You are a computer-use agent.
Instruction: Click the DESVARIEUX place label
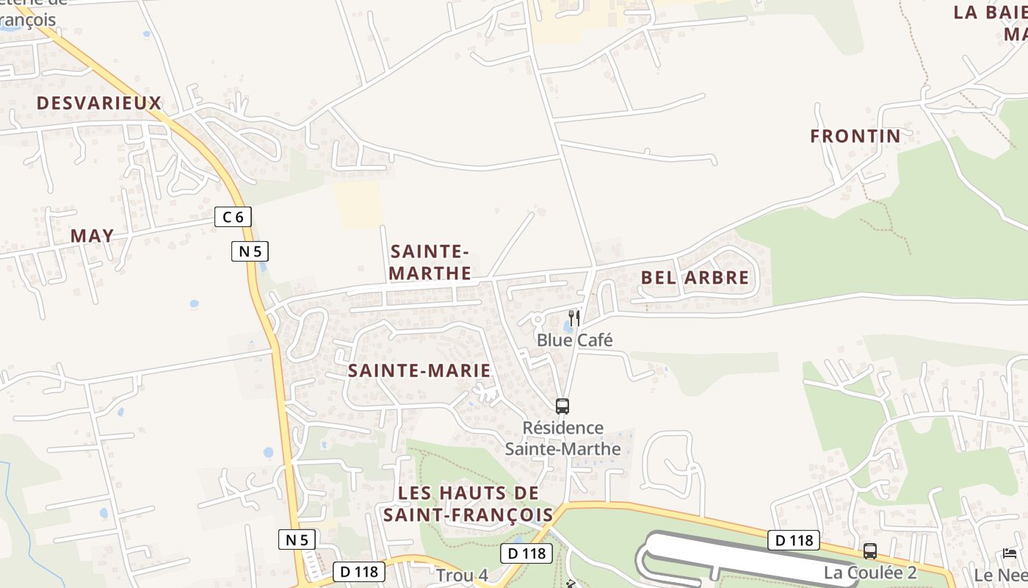pyautogui.click(x=99, y=103)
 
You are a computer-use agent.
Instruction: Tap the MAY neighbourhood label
pyautogui.click(x=93, y=236)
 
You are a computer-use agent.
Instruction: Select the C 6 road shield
pyautogui.click(x=234, y=217)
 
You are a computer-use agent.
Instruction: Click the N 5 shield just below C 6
pyautogui.click(x=250, y=251)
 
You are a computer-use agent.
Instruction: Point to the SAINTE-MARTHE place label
pyautogui.click(x=430, y=262)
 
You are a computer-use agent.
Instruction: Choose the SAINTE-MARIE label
pyautogui.click(x=419, y=370)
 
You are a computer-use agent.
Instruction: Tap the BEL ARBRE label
pyautogui.click(x=695, y=278)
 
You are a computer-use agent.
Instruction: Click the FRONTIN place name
pyautogui.click(x=855, y=136)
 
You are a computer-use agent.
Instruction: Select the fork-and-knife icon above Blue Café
pyautogui.click(x=574, y=318)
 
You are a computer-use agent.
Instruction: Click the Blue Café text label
pyautogui.click(x=574, y=340)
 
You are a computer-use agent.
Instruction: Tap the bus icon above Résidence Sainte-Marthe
pyautogui.click(x=562, y=406)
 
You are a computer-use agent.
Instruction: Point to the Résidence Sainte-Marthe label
pyautogui.click(x=563, y=438)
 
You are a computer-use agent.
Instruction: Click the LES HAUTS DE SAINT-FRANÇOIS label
pyautogui.click(x=468, y=503)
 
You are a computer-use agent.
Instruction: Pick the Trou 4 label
pyautogui.click(x=462, y=576)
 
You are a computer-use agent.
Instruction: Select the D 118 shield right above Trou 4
pyautogui.click(x=526, y=553)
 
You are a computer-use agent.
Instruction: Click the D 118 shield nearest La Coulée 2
pyautogui.click(x=794, y=540)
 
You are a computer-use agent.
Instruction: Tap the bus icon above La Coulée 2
pyautogui.click(x=870, y=551)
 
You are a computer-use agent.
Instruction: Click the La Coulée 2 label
pyautogui.click(x=870, y=573)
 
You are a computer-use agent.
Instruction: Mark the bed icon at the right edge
pyautogui.click(x=1010, y=553)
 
